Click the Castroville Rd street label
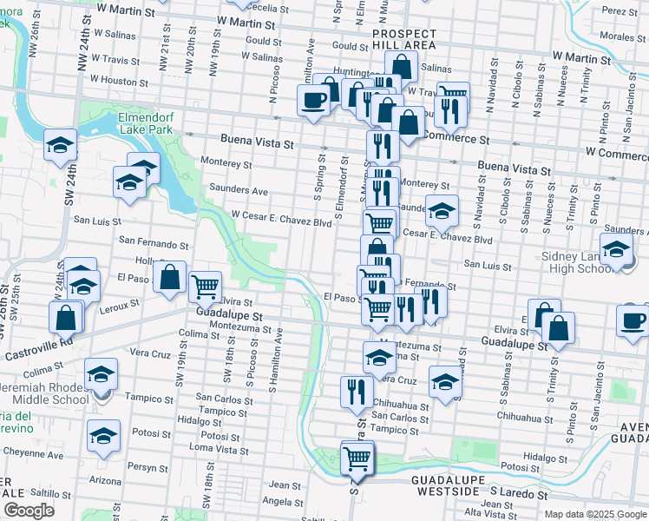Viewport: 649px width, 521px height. (38, 352)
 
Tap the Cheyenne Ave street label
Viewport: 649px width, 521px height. (32, 453)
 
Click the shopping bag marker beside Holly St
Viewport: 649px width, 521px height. (171, 277)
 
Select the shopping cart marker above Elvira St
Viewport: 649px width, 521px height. (205, 286)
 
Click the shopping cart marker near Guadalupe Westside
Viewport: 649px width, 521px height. (357, 457)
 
